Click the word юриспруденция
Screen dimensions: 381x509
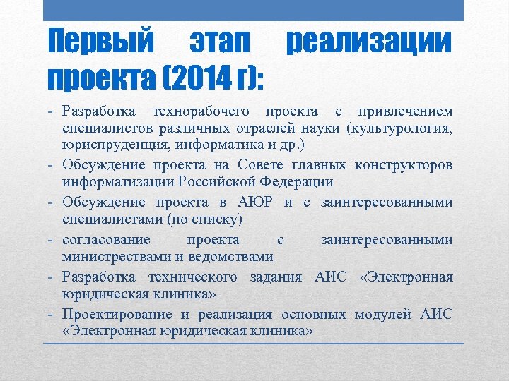(112, 147)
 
